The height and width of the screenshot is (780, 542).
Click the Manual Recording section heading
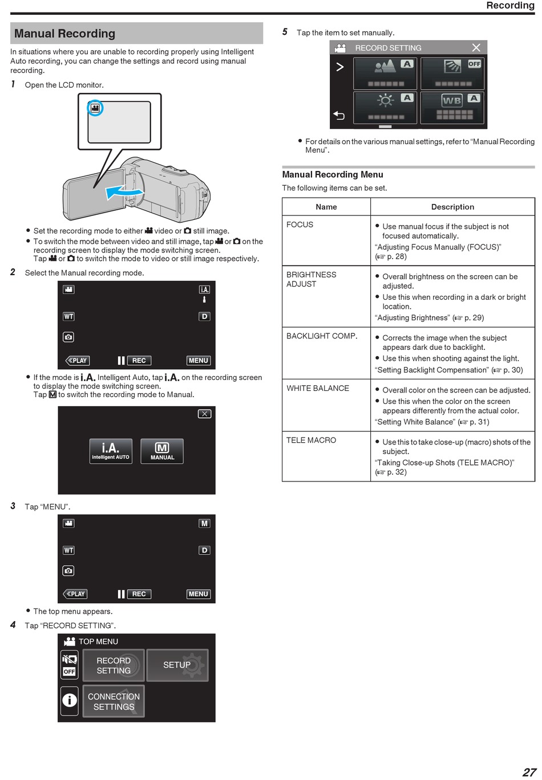click(x=64, y=34)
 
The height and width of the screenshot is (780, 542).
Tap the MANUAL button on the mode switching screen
click(x=162, y=451)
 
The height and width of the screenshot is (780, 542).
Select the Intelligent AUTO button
click(x=111, y=451)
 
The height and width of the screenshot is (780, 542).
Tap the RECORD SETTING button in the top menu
click(x=114, y=665)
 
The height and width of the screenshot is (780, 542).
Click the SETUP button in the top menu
click(x=177, y=665)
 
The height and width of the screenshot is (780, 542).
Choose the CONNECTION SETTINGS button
click(x=114, y=701)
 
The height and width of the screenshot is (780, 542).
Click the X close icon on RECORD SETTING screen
click(x=476, y=48)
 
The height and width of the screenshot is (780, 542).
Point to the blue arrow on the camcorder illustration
click(x=124, y=192)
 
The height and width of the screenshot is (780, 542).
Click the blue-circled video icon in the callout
click(x=95, y=108)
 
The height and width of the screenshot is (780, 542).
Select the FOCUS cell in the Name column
click(x=300, y=224)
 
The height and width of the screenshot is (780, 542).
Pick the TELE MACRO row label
click(x=311, y=440)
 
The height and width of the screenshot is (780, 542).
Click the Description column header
click(x=452, y=207)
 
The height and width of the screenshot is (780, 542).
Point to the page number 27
click(x=529, y=772)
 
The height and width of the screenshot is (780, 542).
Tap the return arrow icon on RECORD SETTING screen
click(x=339, y=115)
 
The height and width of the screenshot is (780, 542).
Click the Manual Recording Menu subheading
click(x=333, y=174)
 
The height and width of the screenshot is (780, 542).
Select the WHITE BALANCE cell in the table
click(x=317, y=388)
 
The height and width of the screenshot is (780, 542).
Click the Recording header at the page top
click(x=510, y=5)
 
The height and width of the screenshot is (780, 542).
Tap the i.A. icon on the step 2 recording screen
click(x=204, y=289)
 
